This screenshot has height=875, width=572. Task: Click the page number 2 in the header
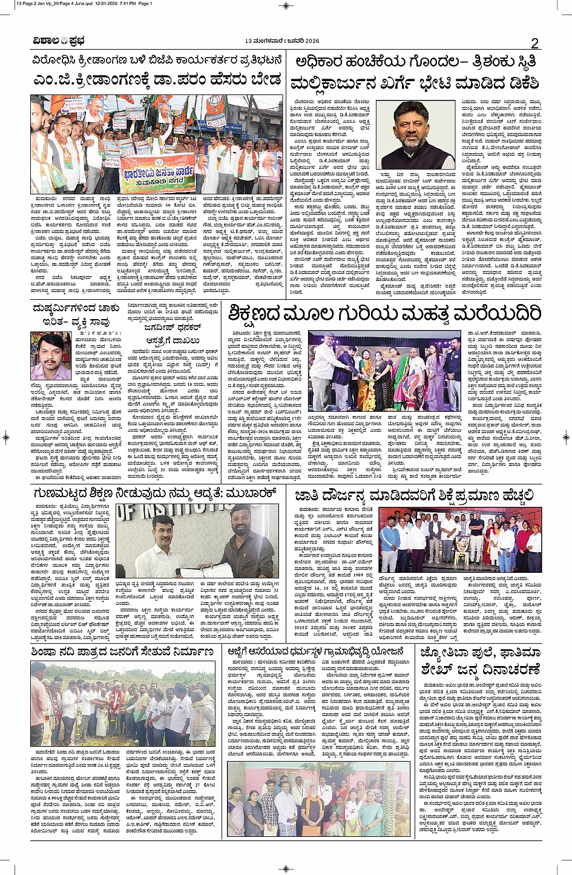click(534, 42)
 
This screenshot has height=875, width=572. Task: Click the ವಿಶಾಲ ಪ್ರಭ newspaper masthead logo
click(59, 41)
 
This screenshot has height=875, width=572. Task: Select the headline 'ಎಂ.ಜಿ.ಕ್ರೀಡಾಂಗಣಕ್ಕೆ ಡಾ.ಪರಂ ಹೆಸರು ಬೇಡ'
click(157, 80)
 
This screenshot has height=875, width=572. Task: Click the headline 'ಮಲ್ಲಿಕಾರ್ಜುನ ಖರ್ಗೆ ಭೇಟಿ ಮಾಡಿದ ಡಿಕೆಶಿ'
click(415, 83)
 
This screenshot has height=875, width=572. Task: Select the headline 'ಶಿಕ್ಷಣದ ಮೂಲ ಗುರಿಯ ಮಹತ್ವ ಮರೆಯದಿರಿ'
click(384, 313)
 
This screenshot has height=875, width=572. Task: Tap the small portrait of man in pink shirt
click(50, 355)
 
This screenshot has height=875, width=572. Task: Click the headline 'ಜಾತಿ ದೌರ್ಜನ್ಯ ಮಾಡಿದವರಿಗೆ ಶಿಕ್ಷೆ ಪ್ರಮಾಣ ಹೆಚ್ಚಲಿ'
click(415, 495)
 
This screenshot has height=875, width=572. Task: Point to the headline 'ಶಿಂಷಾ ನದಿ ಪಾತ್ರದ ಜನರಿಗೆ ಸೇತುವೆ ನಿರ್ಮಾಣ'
click(123, 652)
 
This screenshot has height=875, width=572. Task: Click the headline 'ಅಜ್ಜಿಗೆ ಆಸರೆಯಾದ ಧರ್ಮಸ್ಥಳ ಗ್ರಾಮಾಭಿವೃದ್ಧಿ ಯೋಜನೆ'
click(315, 652)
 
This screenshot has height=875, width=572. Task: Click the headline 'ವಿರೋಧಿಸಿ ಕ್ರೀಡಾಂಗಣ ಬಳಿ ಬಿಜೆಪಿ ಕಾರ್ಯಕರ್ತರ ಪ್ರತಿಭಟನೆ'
click(157, 61)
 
